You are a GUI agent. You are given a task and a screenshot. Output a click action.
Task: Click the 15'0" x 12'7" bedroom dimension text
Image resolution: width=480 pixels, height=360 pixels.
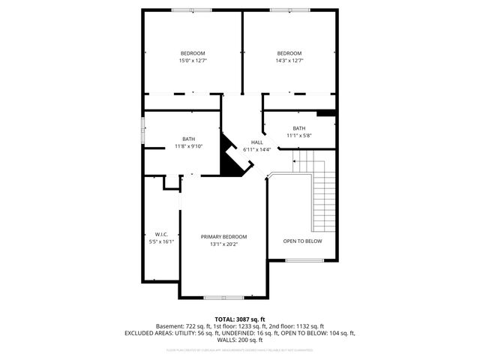point(193,61)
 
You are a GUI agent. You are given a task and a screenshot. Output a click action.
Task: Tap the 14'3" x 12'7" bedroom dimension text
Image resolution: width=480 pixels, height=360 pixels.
point(289,61)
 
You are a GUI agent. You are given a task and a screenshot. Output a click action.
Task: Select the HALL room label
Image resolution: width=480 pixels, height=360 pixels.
point(256,142)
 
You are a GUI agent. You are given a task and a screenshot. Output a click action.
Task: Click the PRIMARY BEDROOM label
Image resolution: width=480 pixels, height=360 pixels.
point(223,237)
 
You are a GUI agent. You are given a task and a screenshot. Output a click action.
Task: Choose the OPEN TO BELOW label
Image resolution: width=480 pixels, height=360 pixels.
point(302,241)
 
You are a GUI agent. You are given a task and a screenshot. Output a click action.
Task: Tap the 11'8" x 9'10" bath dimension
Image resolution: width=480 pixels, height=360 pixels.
point(188,146)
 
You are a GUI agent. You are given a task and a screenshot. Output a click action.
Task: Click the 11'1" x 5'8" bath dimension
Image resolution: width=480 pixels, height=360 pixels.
point(299,136)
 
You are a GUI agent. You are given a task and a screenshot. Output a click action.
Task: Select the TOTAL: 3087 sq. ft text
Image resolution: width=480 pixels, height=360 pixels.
point(240,319)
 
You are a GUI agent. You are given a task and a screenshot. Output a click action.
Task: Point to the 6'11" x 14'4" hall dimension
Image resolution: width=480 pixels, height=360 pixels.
point(256,149)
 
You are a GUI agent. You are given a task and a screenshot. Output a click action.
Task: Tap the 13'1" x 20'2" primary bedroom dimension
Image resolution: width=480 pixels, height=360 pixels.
point(223,244)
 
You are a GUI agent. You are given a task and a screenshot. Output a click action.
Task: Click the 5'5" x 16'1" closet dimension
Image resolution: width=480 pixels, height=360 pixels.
point(161,241)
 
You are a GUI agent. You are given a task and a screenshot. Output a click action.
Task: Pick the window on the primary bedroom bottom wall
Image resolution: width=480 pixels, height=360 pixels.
point(223,298)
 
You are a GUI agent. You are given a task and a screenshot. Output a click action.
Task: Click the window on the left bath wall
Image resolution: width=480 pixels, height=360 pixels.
point(143,128)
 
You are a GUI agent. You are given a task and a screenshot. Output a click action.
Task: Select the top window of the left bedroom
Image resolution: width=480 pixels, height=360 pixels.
point(193,10)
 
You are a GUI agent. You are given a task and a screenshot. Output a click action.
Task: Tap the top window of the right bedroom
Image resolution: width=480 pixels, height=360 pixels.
point(289,10)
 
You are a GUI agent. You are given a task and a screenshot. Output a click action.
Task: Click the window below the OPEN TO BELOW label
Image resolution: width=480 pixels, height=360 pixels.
point(305,260)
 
